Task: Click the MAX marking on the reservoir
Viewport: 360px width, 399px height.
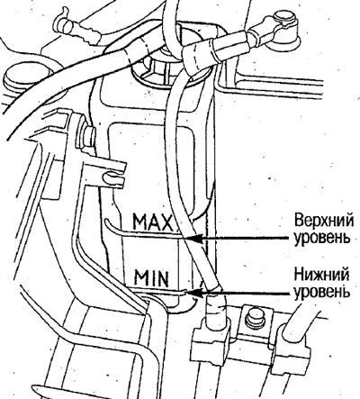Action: click(x=153, y=222)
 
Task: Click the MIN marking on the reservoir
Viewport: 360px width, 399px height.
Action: click(x=151, y=278)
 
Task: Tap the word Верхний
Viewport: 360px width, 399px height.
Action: click(x=324, y=221)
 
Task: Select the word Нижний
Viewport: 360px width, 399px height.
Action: click(x=321, y=276)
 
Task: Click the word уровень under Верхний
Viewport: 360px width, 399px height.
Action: click(x=322, y=238)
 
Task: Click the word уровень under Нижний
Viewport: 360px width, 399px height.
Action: click(x=322, y=292)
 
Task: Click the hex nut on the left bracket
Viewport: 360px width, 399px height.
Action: click(x=89, y=134)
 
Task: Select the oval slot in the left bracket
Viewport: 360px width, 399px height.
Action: click(x=112, y=177)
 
